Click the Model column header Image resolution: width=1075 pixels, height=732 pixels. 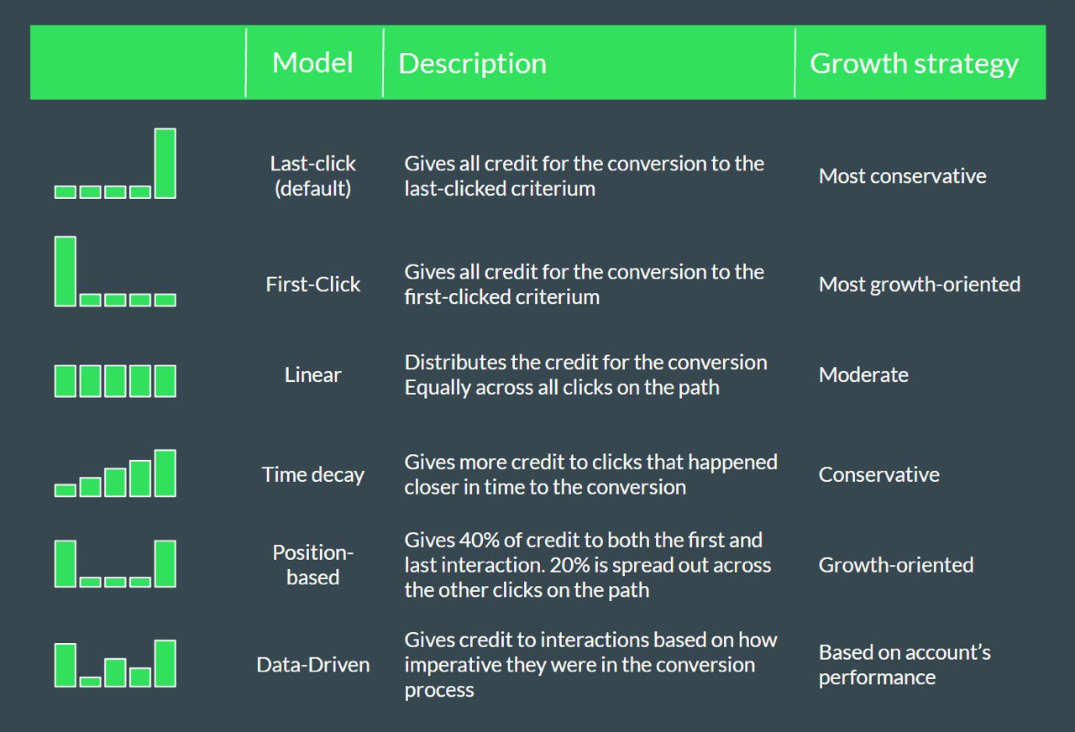coord(312,63)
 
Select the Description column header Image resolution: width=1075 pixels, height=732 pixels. coord(472,64)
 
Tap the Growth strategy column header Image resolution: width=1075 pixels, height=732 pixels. coord(914,65)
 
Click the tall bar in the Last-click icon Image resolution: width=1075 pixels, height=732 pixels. coord(165,163)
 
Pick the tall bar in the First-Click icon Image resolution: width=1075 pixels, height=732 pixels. coord(66,271)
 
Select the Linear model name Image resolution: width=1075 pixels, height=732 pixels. coord(313,374)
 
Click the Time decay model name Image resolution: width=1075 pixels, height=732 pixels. coord(313,475)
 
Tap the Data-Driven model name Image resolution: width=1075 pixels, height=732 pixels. coord(313,665)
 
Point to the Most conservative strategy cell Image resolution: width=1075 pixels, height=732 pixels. coord(902,176)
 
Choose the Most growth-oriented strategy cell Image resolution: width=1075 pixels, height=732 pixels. coord(920,285)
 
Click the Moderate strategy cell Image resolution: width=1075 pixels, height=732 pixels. coord(863,374)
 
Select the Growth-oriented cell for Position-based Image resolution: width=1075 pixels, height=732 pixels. coord(896,565)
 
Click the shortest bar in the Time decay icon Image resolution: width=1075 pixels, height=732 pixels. coord(66,490)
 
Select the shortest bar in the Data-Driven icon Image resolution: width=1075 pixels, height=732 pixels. coord(90,682)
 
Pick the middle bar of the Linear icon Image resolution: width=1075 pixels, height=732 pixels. coord(115,381)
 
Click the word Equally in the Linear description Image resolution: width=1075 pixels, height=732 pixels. coord(437,388)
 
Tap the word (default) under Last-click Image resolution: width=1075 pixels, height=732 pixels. coord(313,189)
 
